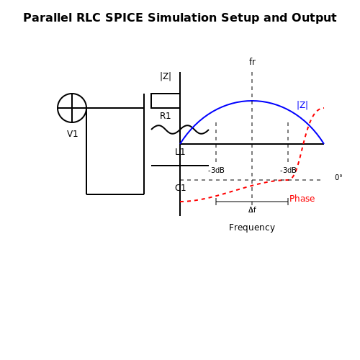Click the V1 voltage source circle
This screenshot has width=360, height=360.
click(x=72, y=94)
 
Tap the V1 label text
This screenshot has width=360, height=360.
click(x=72, y=134)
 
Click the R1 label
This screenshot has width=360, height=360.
click(x=165, y=116)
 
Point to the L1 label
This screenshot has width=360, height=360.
click(x=180, y=152)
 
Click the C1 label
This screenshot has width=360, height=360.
click(x=180, y=188)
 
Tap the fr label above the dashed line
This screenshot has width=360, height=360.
click(x=252, y=62)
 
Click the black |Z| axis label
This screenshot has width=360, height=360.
click(x=166, y=76)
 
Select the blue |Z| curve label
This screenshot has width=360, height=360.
click(x=302, y=105)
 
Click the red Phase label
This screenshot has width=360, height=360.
click(x=302, y=199)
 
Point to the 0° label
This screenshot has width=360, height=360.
click(x=338, y=178)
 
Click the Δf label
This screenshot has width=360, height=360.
click(x=252, y=210)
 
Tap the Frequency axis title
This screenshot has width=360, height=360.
click(x=252, y=228)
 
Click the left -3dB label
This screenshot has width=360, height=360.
click(x=216, y=171)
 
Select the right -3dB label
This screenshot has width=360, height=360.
click(x=288, y=171)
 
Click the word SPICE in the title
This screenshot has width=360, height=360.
click(x=124, y=18)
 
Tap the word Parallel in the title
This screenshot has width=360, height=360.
click(x=48, y=18)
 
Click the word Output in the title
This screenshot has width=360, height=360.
click(x=314, y=18)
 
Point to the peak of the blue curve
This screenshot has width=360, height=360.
click(x=252, y=101)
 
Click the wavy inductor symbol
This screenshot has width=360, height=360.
click(x=180, y=130)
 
